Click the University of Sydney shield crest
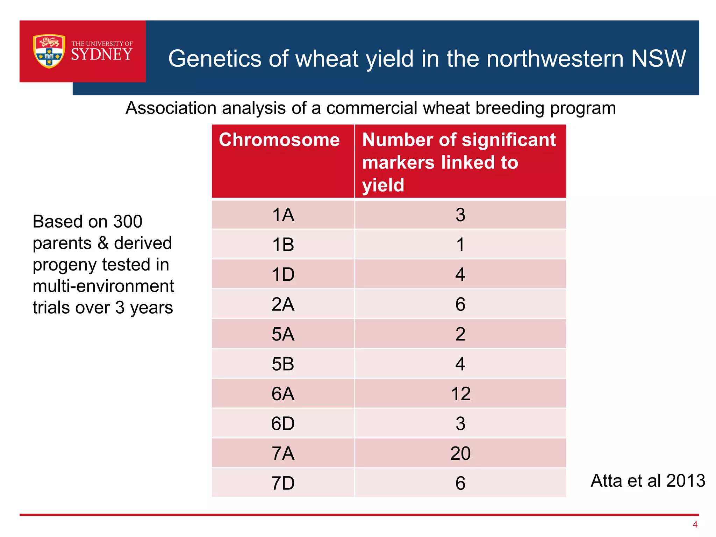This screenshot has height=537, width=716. click(x=49, y=51)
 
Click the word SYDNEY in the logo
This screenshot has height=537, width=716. click(x=102, y=55)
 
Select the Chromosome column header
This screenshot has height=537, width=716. click(x=279, y=140)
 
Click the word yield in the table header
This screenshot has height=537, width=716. click(x=383, y=185)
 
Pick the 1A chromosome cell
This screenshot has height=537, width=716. click(x=283, y=215)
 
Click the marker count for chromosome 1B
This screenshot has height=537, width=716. click(x=460, y=245)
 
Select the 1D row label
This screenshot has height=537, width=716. click(x=283, y=274)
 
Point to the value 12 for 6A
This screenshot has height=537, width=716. click(x=460, y=394)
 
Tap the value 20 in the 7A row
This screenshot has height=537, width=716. click(x=460, y=453)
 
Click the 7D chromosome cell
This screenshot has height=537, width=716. click(x=283, y=484)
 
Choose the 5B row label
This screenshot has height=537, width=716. click(x=283, y=364)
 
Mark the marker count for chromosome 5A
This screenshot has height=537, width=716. click(x=460, y=334)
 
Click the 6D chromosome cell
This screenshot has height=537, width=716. click(x=283, y=424)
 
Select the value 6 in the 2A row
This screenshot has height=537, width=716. click(x=460, y=304)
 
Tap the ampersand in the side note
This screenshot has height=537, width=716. click(x=103, y=243)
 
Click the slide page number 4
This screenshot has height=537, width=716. click(x=695, y=524)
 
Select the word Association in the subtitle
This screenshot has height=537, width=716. click(x=171, y=108)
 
